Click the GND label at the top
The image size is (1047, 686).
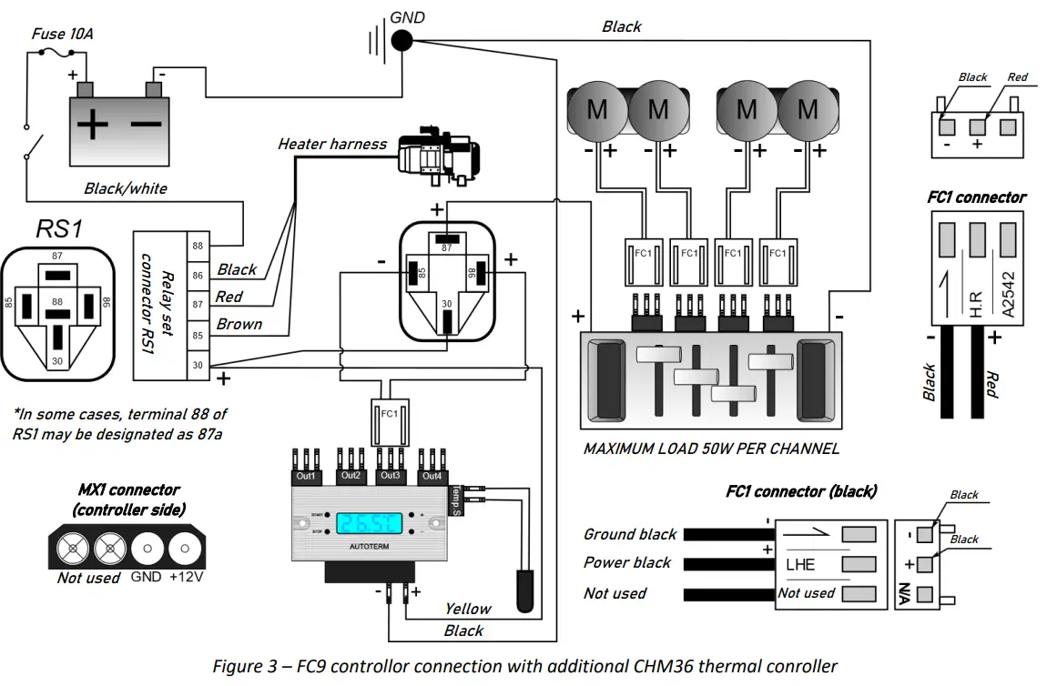[x=407, y=16]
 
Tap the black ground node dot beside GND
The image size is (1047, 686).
[x=401, y=40]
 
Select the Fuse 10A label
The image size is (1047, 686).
[x=62, y=34]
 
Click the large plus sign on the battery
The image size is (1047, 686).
[x=92, y=125]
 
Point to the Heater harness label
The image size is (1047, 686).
[x=331, y=144]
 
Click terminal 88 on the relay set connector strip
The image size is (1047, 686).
[x=198, y=246]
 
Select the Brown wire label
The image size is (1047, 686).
[x=239, y=324]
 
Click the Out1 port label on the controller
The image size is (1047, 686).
[x=306, y=476]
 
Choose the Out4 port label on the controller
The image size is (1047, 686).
[x=432, y=476]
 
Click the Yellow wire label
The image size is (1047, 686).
[x=467, y=609]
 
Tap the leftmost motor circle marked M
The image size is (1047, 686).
[x=596, y=110]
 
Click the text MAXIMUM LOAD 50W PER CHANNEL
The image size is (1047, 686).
[x=711, y=448]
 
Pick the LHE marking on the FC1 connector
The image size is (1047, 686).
[x=800, y=564]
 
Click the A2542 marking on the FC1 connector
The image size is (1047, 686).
[x=1007, y=290]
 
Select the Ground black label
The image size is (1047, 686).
[x=630, y=534]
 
